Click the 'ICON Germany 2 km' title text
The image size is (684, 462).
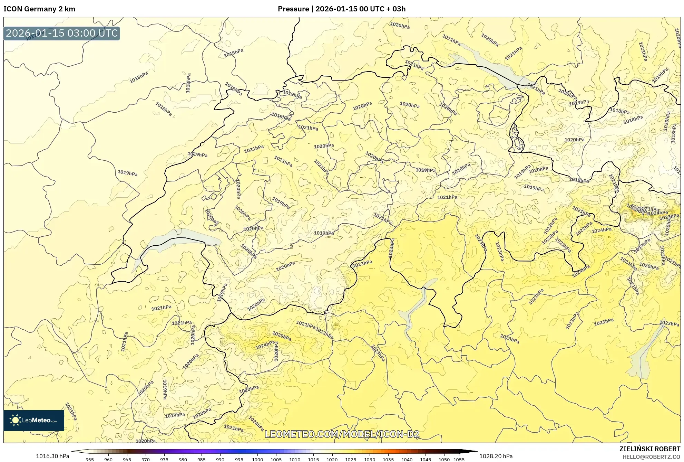(x=39, y=9)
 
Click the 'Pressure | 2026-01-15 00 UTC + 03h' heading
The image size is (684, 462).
(x=342, y=9)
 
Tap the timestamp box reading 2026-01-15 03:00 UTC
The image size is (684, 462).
(x=62, y=34)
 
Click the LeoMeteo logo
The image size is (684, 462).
(x=34, y=420)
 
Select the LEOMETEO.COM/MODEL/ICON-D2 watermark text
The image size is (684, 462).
(x=342, y=434)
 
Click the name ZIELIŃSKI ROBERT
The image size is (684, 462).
(x=649, y=449)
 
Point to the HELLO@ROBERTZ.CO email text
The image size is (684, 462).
(x=651, y=457)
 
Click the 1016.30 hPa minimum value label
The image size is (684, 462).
(x=52, y=456)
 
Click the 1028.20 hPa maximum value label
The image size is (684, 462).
(x=496, y=456)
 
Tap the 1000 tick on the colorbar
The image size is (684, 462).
(x=257, y=460)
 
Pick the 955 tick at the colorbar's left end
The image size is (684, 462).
(x=90, y=460)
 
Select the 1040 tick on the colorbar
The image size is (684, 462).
(x=407, y=460)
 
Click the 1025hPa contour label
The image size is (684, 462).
(x=282, y=336)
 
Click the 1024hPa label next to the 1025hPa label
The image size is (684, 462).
(x=265, y=345)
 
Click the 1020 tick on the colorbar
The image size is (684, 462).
(x=332, y=460)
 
